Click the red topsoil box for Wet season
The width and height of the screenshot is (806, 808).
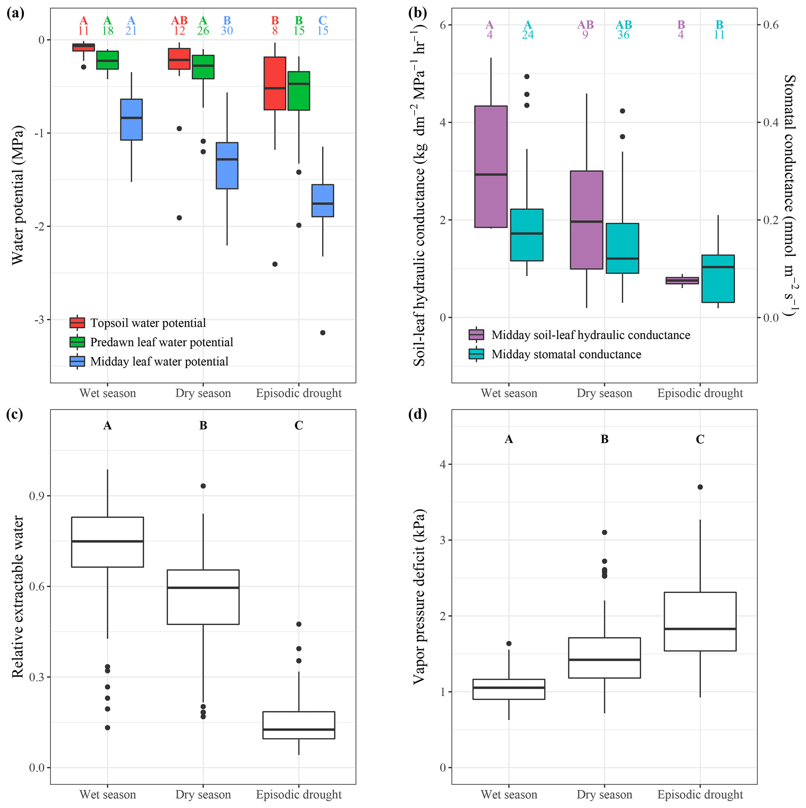(84, 47)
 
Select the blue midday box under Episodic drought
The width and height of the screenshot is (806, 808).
(322, 200)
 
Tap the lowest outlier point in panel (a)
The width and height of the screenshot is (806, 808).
(322, 333)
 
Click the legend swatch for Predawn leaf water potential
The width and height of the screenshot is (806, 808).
(77, 342)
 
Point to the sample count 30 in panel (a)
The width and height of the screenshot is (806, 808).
(227, 31)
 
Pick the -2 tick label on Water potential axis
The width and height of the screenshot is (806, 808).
(39, 227)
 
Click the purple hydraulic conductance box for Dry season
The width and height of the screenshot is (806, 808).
(586, 220)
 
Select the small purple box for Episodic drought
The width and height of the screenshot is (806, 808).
(682, 280)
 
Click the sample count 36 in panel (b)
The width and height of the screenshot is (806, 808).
(623, 35)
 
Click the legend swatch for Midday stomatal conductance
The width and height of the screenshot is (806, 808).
(477, 354)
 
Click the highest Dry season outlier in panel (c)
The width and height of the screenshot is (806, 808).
(203, 486)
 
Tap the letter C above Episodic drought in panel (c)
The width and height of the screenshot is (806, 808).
(299, 426)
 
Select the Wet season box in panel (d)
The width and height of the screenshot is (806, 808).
(508, 689)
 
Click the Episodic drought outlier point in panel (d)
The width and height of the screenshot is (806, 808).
(700, 487)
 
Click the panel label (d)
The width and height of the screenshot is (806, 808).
(418, 415)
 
